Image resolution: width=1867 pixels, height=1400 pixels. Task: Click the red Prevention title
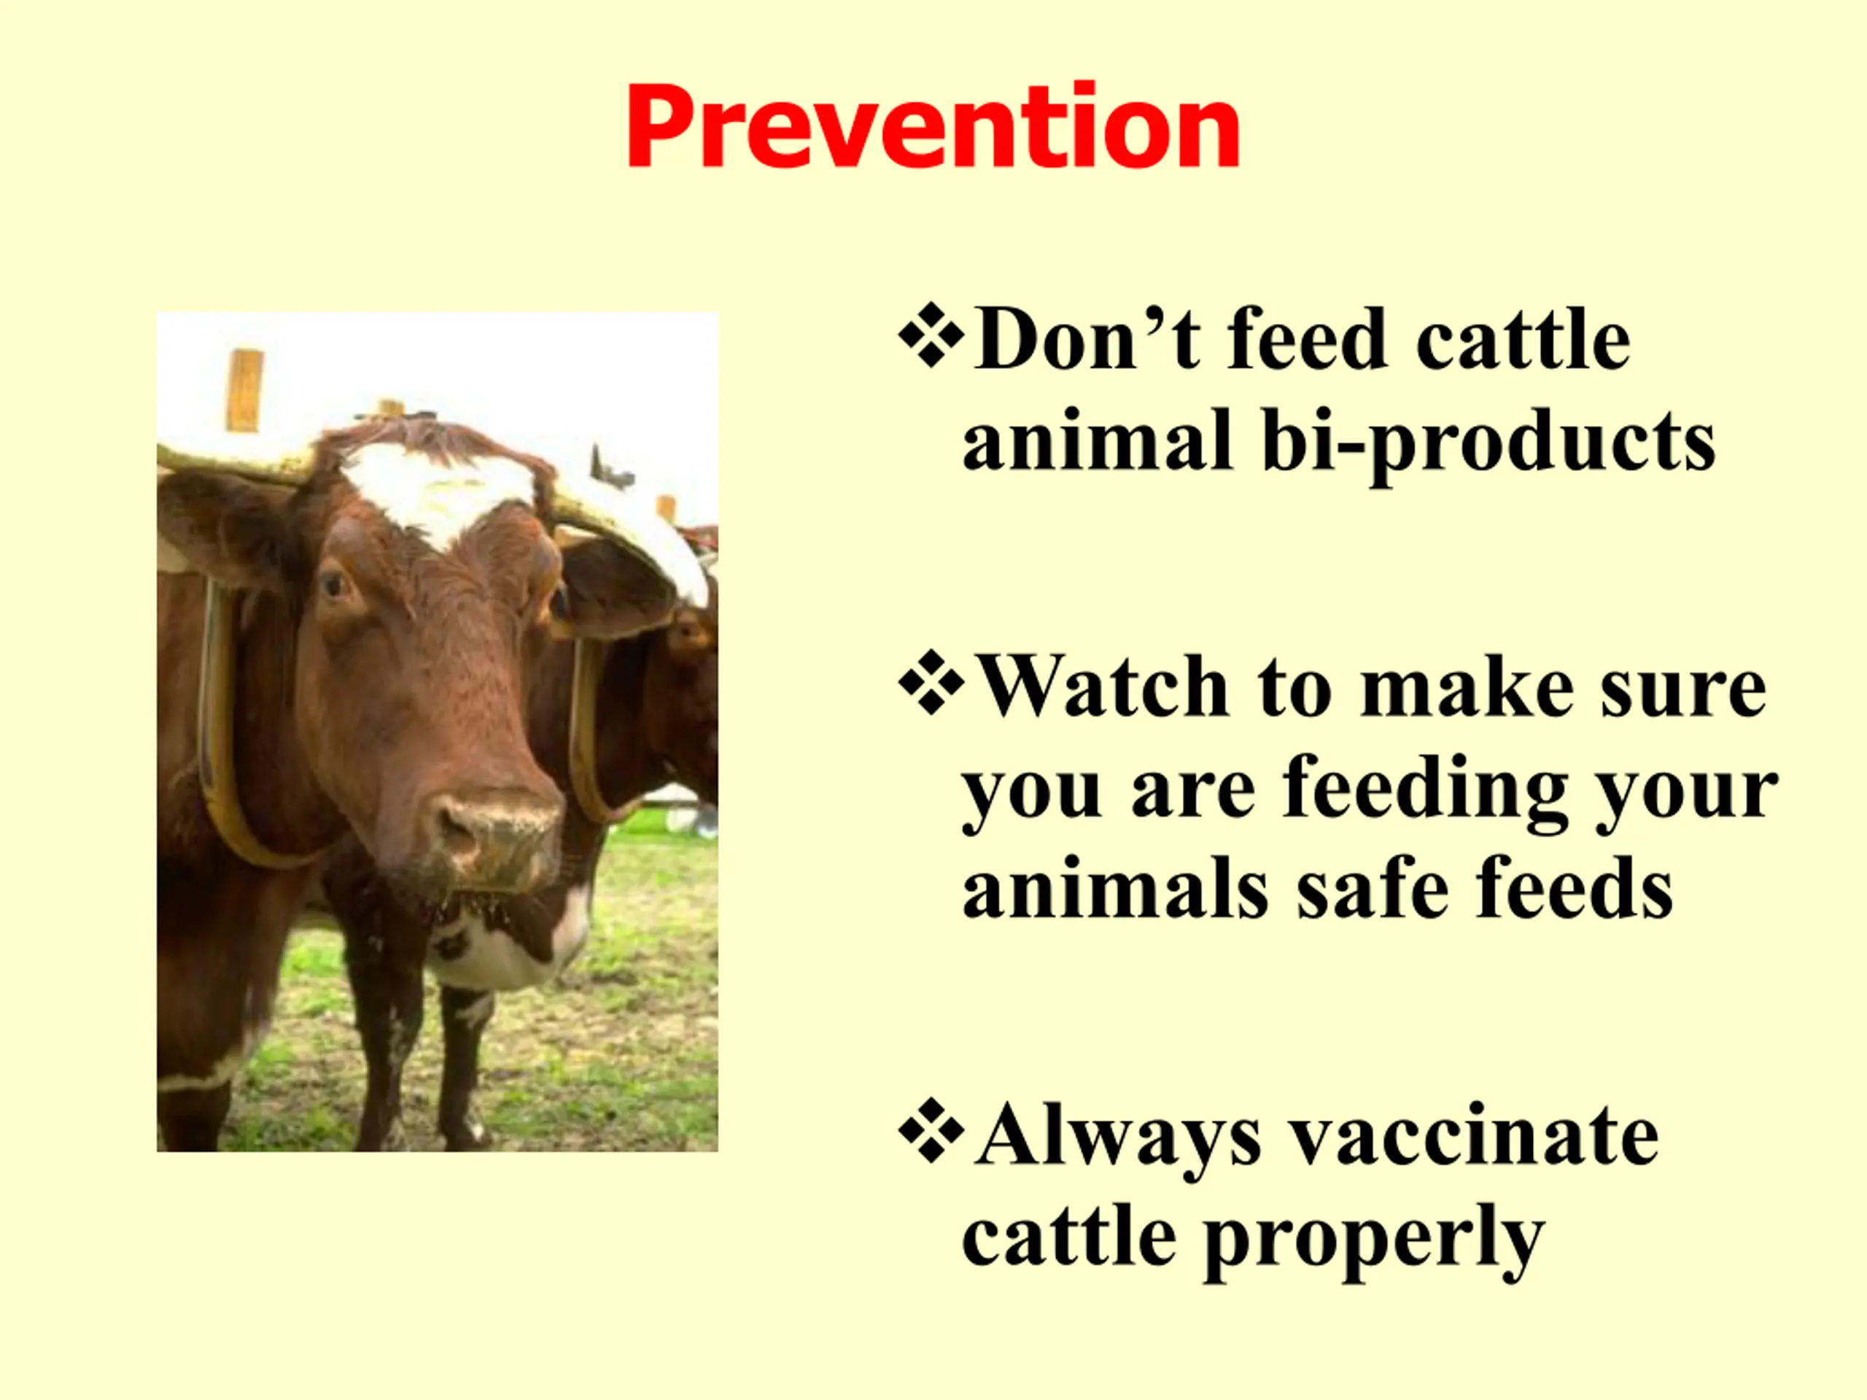(933, 127)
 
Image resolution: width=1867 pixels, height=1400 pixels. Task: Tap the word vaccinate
(1477, 1137)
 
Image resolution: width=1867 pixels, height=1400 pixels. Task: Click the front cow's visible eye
(334, 584)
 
